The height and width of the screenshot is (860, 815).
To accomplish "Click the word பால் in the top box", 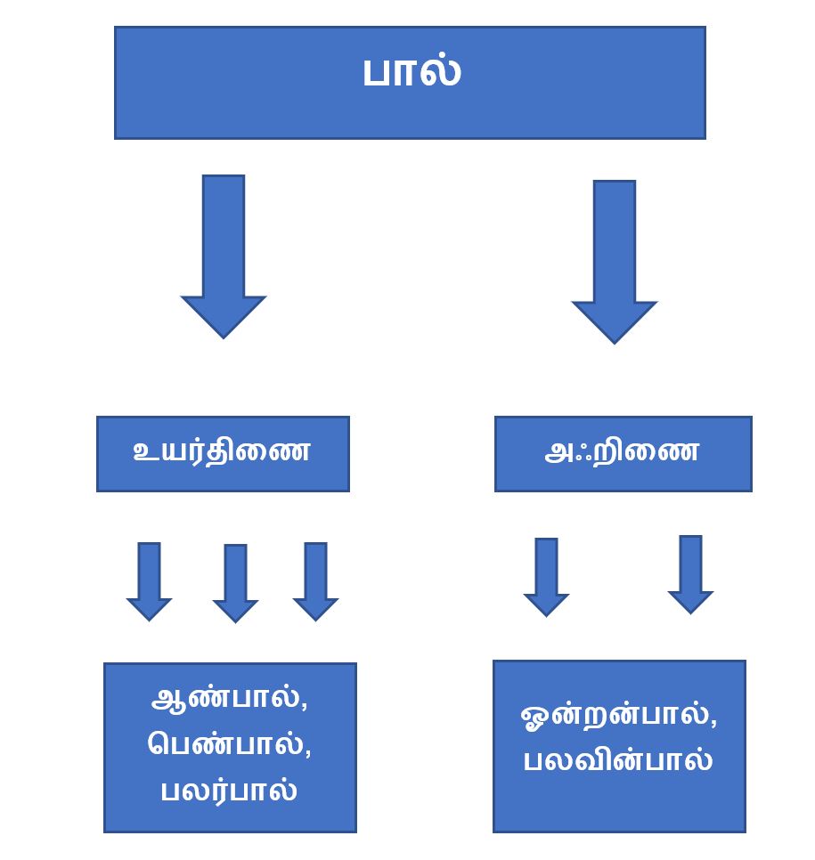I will coord(411,72).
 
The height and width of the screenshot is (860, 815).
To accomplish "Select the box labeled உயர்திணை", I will coord(222,452).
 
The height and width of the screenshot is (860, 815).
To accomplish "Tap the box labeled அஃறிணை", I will coord(622,452).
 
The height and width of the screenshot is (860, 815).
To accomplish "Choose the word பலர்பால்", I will coord(229,790).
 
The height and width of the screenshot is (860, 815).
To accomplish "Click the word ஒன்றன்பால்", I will coord(614,717).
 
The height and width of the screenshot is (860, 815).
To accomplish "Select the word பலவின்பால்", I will coord(617,762).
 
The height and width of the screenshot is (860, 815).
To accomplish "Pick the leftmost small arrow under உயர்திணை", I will coord(149,580).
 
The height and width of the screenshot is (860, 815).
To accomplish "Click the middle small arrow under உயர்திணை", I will coord(235,582).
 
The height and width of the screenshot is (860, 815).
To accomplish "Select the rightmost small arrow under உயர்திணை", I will coord(315,580).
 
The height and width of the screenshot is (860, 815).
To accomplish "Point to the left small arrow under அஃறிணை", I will coord(546,576).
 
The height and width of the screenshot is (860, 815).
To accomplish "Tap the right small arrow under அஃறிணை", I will coord(690,573).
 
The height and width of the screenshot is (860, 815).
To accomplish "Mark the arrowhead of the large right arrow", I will coord(614,320).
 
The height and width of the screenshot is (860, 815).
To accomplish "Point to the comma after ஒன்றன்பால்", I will coord(713,726).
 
